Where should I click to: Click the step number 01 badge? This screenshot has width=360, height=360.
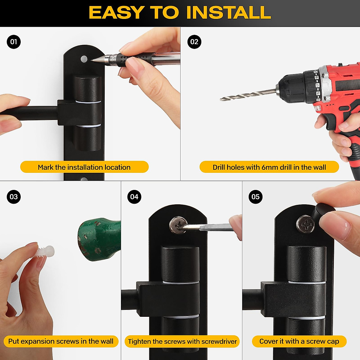point(13,42)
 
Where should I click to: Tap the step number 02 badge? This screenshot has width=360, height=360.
point(194,42)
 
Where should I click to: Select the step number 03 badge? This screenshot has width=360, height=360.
point(13,197)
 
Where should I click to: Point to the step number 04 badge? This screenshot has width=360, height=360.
point(134,197)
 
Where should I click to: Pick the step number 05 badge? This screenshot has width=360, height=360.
point(255,197)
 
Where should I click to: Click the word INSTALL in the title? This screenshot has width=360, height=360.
point(229,13)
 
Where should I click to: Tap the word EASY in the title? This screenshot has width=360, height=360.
point(117,13)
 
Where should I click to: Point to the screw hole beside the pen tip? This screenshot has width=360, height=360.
point(84,59)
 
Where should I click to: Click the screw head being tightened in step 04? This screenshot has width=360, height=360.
point(178,225)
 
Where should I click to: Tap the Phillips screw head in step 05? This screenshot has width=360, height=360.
point(306,224)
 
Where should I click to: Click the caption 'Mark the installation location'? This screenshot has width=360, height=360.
point(84,167)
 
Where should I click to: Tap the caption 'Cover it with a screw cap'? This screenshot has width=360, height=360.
point(299,341)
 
